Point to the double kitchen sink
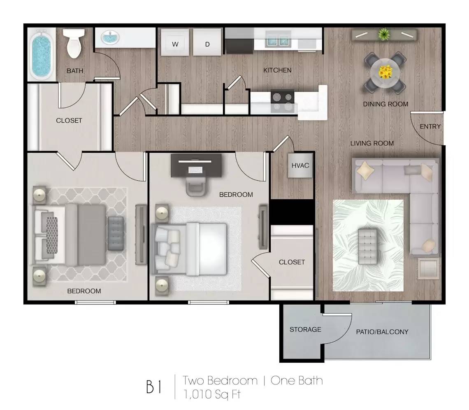(x=278, y=40)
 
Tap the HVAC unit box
(x=300, y=165)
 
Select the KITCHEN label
(x=277, y=70)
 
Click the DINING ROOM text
(x=385, y=104)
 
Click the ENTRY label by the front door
(x=430, y=126)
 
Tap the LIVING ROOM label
(x=372, y=143)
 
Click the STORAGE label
(x=305, y=329)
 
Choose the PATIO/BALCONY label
(x=382, y=331)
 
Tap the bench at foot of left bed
(x=116, y=233)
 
